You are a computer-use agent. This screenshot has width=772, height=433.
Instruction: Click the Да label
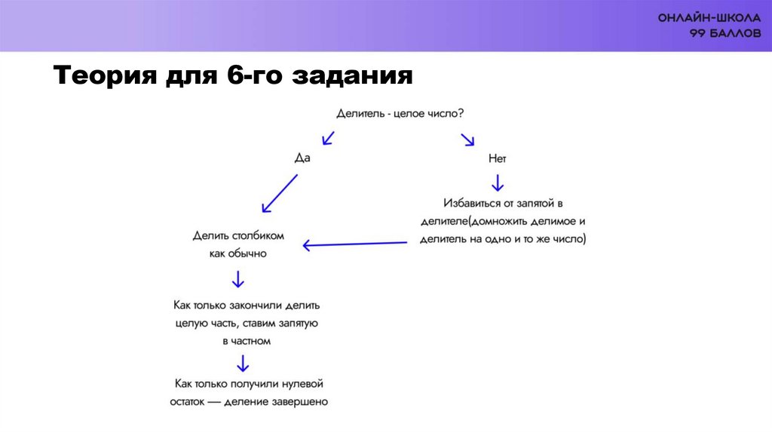point(302,158)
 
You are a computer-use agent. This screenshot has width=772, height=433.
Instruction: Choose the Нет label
point(497,158)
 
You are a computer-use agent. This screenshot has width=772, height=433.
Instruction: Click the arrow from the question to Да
point(328,137)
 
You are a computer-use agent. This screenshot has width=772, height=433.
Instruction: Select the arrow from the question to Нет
point(468,139)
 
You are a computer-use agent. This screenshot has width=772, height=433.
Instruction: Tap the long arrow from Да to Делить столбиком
point(279,193)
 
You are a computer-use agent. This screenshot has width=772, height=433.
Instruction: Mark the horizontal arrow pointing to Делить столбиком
point(354,244)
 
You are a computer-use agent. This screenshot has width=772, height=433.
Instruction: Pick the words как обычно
point(238,253)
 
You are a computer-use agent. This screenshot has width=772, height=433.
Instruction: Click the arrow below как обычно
point(238,280)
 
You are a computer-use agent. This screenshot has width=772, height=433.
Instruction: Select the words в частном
point(247,341)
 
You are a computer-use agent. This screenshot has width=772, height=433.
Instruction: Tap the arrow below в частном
point(243,364)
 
